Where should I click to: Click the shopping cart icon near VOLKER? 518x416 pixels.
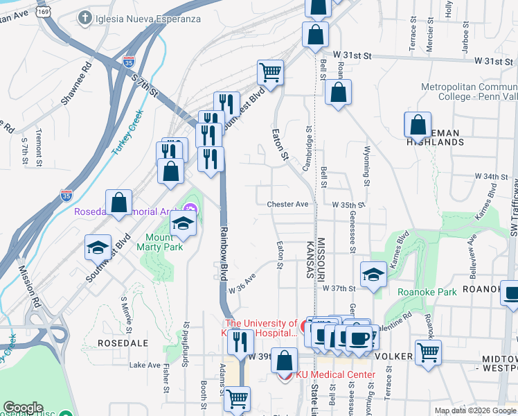pos(428,352)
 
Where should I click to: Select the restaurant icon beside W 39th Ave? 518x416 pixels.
pos(240,342)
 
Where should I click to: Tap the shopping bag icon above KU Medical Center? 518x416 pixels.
pos(284,360)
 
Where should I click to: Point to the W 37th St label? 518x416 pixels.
pos(339,288)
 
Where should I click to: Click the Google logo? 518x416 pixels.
pos(23,408)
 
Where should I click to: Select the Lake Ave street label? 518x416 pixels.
pos(144,365)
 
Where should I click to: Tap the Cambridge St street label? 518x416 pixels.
pos(307,142)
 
